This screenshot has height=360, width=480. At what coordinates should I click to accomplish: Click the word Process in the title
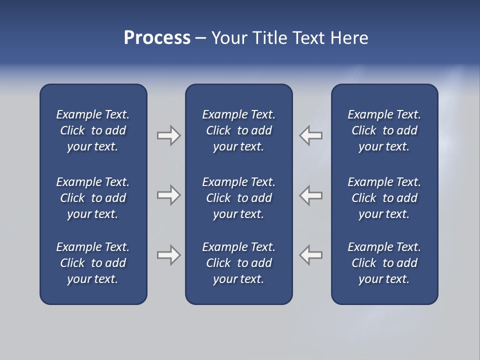(x=157, y=38)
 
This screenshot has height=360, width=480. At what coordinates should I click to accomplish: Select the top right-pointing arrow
(x=168, y=135)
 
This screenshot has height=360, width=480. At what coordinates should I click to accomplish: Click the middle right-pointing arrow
(x=168, y=195)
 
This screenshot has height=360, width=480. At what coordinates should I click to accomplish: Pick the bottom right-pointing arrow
(x=168, y=255)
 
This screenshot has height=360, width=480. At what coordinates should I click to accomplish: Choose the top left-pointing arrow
(x=311, y=135)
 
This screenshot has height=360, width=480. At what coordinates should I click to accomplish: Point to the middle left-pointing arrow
(x=311, y=195)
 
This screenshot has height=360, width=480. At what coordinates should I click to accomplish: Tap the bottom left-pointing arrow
(x=311, y=255)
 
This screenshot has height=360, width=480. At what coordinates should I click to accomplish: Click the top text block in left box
(x=93, y=130)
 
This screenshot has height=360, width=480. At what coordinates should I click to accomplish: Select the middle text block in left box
(x=93, y=198)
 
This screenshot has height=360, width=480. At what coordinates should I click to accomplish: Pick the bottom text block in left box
(x=93, y=263)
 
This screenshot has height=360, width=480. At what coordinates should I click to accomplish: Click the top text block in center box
(x=238, y=130)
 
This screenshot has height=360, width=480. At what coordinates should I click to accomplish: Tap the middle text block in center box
(x=238, y=198)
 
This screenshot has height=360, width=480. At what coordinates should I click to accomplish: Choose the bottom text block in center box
(x=238, y=263)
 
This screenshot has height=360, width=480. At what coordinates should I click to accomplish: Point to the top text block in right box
(x=384, y=130)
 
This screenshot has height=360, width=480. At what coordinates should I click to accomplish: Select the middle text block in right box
(x=384, y=198)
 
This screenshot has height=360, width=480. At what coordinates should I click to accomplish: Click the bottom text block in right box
(x=384, y=263)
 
